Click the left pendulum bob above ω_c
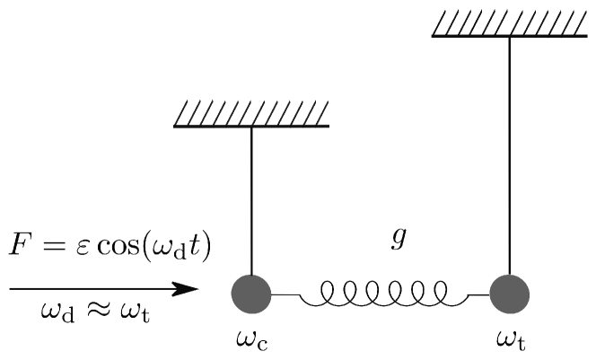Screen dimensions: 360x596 [251, 293]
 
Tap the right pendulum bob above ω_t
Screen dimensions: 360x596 [510, 293]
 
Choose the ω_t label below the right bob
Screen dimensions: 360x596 [511, 341]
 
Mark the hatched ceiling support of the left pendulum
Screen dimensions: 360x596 [252, 114]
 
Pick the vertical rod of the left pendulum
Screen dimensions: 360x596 [251, 198]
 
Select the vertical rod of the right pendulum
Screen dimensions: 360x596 [510, 153]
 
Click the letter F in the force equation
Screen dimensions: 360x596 [20, 245]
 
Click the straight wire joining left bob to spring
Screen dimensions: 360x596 [285, 294]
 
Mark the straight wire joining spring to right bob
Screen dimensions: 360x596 [477, 294]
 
